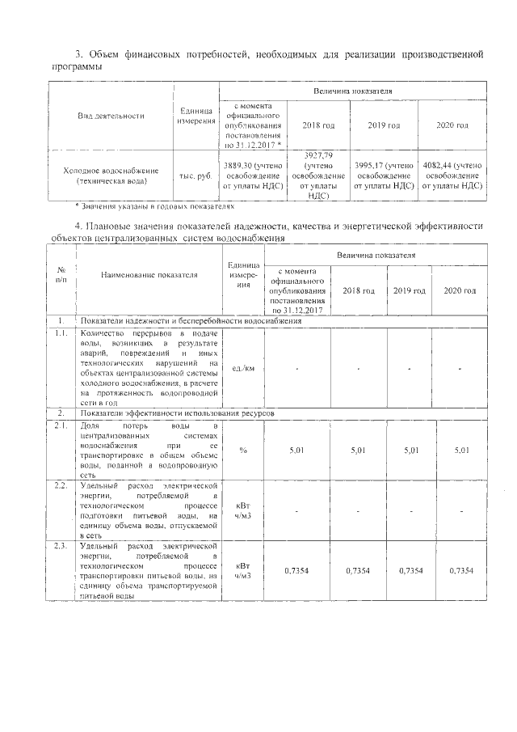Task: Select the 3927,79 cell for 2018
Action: click(317, 175)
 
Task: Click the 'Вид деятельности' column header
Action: click(111, 116)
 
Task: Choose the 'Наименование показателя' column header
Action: click(149, 274)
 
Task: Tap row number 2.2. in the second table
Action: click(61, 485)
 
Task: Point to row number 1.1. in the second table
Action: click(61, 332)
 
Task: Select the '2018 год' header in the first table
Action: click(317, 125)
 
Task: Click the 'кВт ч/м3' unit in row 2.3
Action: click(243, 571)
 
